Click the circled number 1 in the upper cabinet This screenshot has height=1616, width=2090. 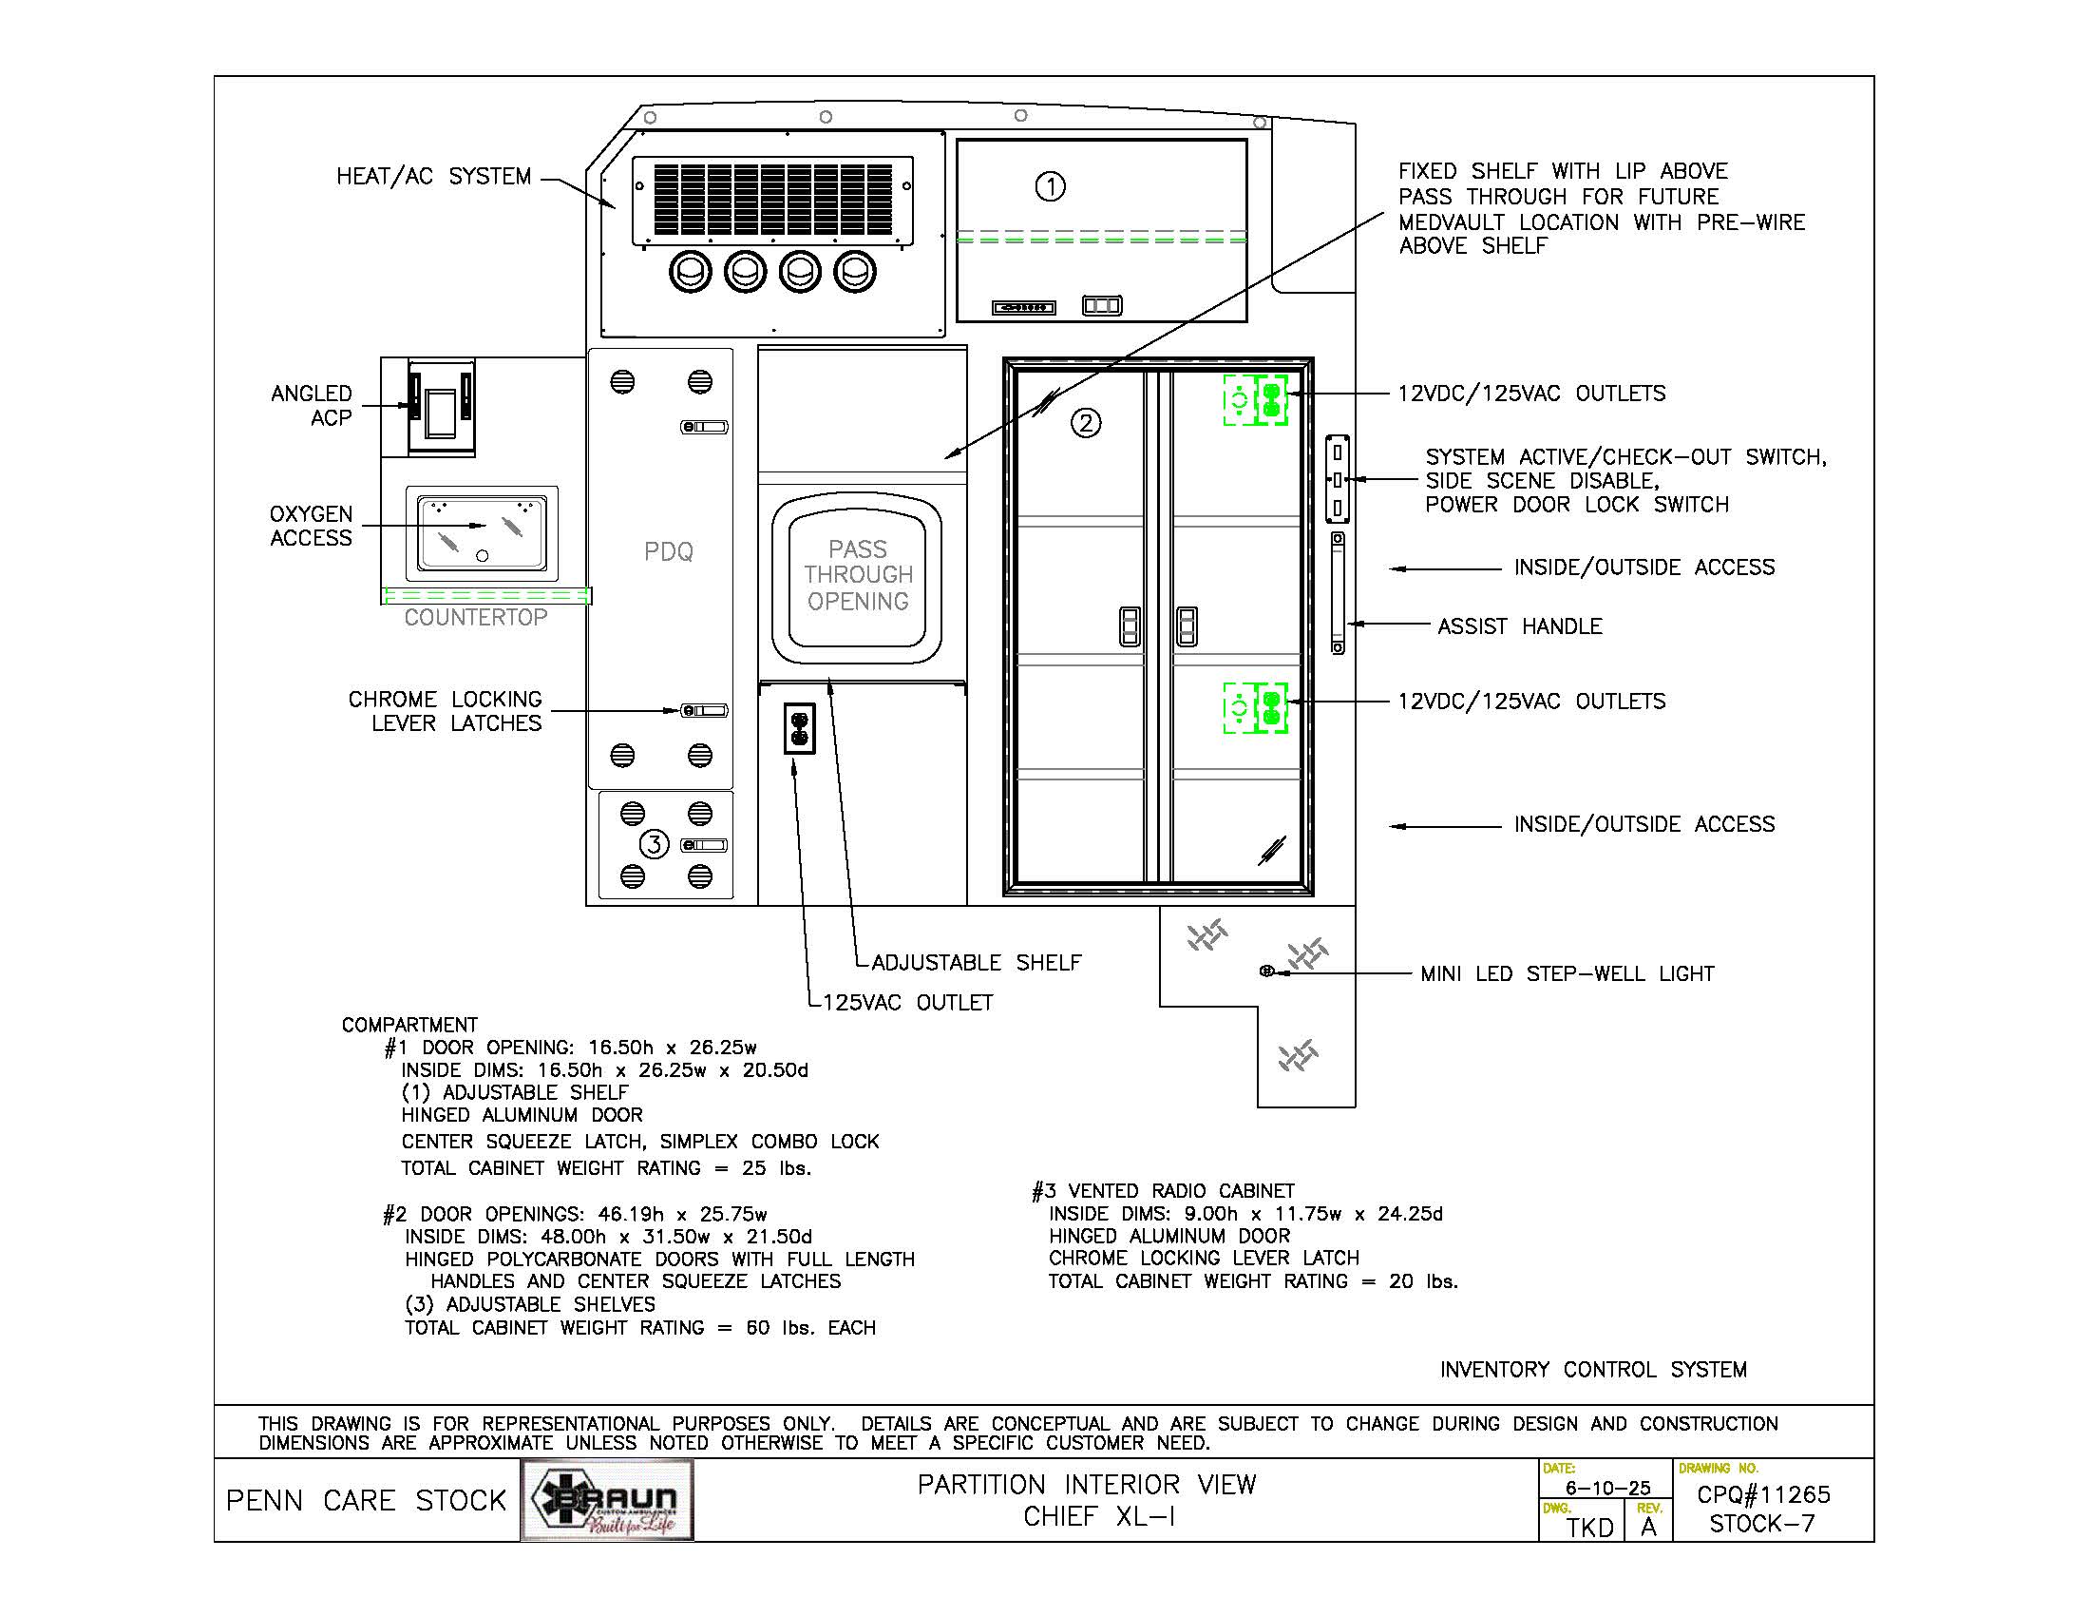[1051, 185]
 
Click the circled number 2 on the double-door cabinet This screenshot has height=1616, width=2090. [1085, 422]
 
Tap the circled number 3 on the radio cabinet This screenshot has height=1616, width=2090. [654, 844]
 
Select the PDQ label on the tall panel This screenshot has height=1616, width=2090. [668, 551]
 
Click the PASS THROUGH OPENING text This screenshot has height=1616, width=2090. [858, 575]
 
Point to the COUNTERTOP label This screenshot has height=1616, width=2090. [476, 618]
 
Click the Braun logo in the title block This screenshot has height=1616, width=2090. [608, 1500]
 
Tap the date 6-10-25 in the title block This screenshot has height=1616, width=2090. [1607, 1488]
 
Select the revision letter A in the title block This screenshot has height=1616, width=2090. [1648, 1527]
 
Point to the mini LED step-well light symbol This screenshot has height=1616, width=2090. [1267, 972]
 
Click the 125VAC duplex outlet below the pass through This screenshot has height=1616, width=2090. [799, 728]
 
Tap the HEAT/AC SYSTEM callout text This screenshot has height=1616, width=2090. [433, 176]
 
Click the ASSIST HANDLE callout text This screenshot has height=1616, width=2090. [1520, 626]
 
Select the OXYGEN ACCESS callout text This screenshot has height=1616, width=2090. [311, 526]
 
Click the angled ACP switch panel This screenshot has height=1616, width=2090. [441, 407]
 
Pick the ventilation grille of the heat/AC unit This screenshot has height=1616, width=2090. [771, 200]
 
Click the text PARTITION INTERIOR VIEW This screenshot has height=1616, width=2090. [1086, 1485]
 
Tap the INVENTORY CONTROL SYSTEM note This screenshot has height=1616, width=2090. [1593, 1370]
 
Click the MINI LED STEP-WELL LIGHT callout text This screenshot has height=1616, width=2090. [1567, 973]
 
